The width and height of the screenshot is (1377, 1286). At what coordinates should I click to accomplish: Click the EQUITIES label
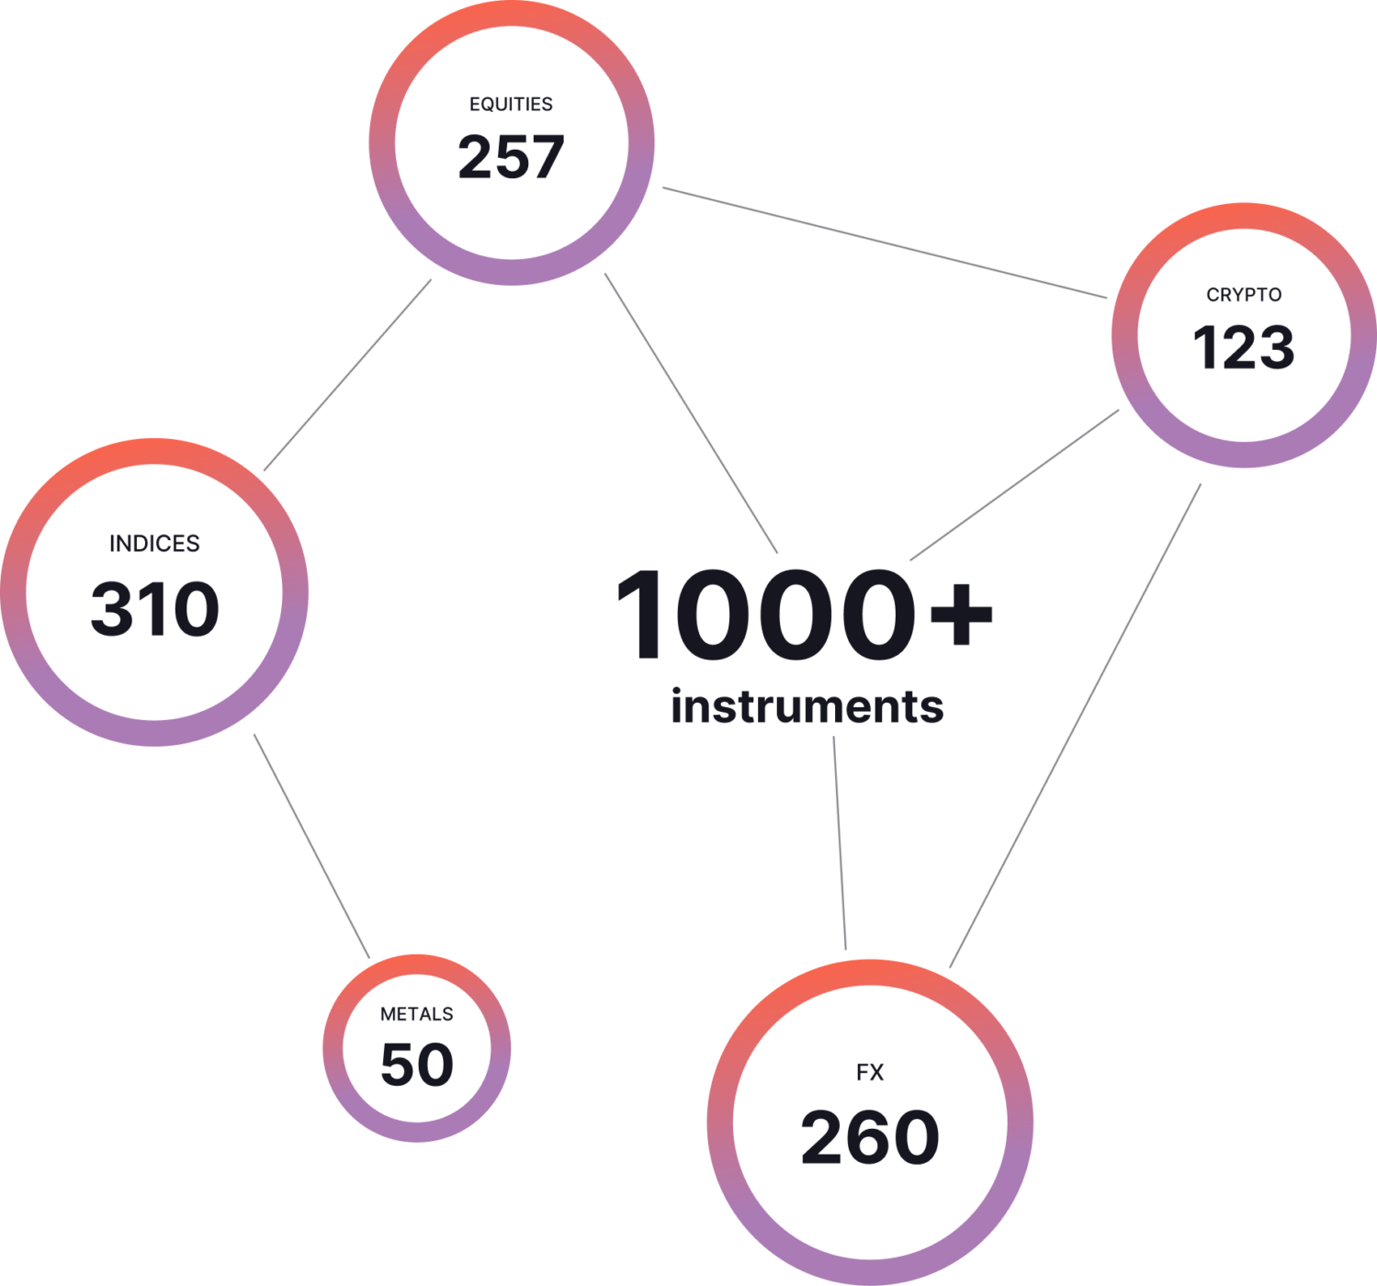(x=511, y=104)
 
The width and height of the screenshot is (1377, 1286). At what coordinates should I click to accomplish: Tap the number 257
(x=511, y=156)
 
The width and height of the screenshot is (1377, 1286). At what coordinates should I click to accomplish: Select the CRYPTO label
(x=1244, y=295)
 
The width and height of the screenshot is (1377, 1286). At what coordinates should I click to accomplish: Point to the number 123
(x=1244, y=348)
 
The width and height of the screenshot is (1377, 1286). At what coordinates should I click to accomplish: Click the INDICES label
(x=154, y=544)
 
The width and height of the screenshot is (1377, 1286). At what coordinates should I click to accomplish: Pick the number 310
(x=154, y=609)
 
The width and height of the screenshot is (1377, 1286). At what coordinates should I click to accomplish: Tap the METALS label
(x=416, y=1014)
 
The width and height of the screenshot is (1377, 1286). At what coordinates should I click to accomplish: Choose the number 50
(x=417, y=1065)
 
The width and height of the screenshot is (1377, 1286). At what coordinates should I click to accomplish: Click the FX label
(x=870, y=1072)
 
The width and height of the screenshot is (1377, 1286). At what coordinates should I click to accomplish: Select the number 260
(x=870, y=1137)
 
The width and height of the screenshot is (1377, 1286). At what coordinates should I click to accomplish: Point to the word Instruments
(x=808, y=709)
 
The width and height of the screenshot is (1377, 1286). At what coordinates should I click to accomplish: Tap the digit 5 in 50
(x=397, y=1065)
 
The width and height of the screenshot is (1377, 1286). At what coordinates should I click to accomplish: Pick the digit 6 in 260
(x=869, y=1137)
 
